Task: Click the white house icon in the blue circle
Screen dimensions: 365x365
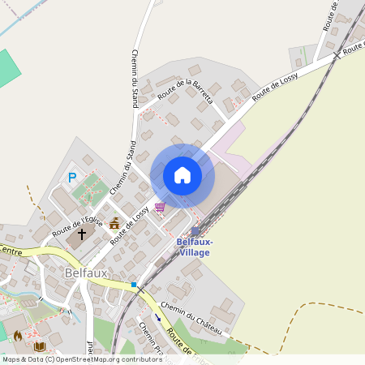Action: [182, 175]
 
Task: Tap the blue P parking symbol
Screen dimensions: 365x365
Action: [72, 178]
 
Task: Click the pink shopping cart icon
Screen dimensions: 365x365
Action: [160, 208]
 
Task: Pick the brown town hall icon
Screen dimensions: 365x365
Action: [114, 223]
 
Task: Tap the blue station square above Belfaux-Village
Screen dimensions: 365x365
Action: [195, 231]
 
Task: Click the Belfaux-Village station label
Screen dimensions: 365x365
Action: [195, 247]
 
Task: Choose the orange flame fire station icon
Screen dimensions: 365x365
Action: [18, 335]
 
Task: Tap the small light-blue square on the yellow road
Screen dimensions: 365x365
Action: [134, 285]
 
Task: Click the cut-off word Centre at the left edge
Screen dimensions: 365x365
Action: [10, 251]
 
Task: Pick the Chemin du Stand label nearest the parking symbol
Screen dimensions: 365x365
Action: [119, 170]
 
